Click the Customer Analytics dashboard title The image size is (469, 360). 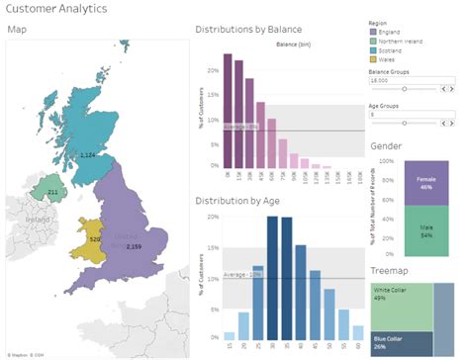pos(51,9)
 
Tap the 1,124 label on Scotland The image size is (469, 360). pos(87,155)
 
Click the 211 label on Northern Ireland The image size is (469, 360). pos(52,191)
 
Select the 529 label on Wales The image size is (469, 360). pos(95,239)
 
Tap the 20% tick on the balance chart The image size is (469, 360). pos(213,70)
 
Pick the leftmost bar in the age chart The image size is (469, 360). pos(230,325)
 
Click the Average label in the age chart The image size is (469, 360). pos(240,274)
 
